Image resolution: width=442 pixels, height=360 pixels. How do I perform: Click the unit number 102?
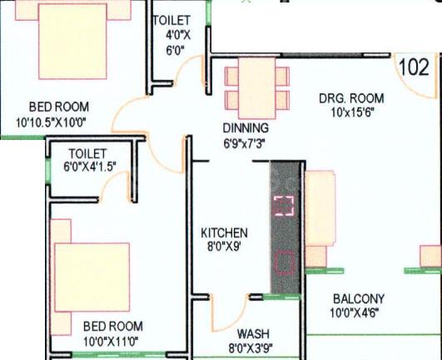(x=413, y=67)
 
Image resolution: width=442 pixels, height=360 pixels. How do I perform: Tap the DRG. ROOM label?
(x=348, y=97)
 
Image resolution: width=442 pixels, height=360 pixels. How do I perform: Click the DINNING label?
(x=245, y=128)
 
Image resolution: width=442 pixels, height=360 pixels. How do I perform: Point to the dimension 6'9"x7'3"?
(x=245, y=142)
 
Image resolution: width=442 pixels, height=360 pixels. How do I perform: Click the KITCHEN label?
(x=225, y=232)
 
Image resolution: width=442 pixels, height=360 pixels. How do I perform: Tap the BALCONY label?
(x=358, y=299)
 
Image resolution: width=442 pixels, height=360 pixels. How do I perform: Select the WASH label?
(x=252, y=332)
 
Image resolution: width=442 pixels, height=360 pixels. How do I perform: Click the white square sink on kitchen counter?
(x=285, y=205)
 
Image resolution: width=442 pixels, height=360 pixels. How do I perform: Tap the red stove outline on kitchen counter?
(x=286, y=262)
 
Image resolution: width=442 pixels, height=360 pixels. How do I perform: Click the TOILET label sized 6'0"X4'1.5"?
(x=87, y=153)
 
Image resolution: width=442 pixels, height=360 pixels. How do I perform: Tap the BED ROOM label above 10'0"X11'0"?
(x=112, y=326)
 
